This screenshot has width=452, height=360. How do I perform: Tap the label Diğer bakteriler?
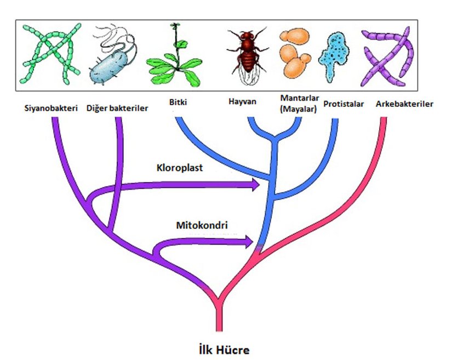point(117,107)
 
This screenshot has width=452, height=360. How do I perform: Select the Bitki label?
point(175,102)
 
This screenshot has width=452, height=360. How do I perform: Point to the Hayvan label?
point(242,102)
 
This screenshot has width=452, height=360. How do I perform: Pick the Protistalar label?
point(344,104)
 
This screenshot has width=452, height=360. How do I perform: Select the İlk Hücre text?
point(225,348)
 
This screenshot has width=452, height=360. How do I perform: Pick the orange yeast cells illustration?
point(296,53)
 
